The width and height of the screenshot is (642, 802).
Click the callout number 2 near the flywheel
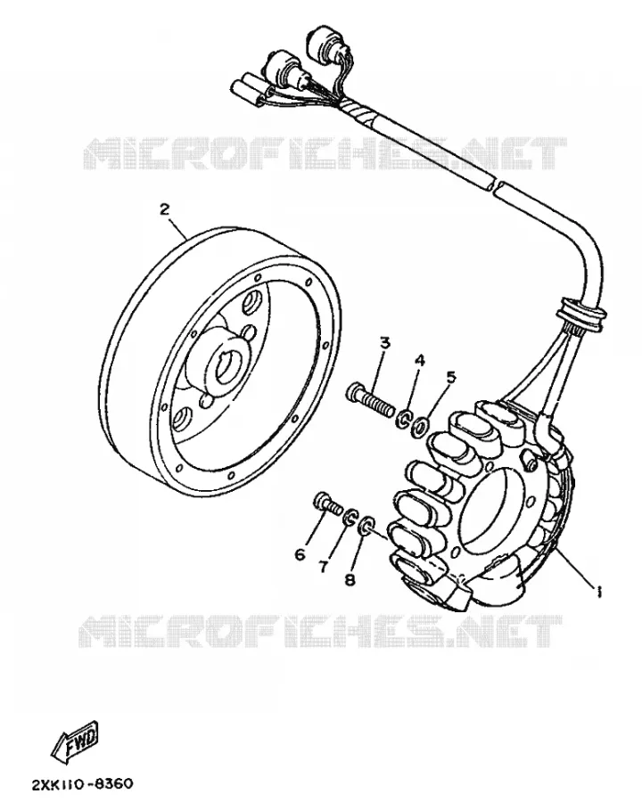[x=164, y=209]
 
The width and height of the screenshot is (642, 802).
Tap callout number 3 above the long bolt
[x=385, y=342]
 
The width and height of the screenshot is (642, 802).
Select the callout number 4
[x=420, y=360]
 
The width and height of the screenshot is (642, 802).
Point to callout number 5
[x=450, y=378]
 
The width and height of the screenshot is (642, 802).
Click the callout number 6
[x=300, y=554]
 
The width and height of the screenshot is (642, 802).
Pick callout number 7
[x=323, y=567]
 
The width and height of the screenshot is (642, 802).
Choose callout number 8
[x=350, y=579]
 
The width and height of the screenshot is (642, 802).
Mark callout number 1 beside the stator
[x=597, y=592]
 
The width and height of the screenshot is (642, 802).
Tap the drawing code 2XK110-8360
[x=83, y=784]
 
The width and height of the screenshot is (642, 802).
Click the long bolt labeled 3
[x=372, y=400]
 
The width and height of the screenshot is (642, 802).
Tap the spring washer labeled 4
[x=405, y=417]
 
